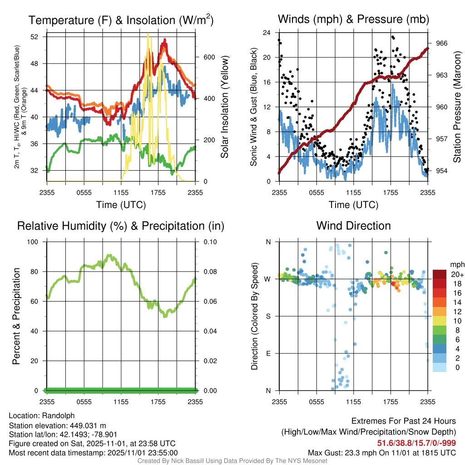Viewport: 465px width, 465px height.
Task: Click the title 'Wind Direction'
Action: click(x=353, y=226)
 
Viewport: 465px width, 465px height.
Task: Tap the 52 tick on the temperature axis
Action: click(x=40, y=37)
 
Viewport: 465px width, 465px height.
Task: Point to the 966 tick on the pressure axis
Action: click(x=442, y=43)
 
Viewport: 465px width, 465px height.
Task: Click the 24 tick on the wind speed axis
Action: click(x=267, y=33)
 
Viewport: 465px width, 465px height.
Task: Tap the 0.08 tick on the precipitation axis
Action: click(x=210, y=272)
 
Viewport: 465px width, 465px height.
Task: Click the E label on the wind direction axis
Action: click(x=268, y=353)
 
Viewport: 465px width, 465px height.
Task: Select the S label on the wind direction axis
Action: click(x=268, y=316)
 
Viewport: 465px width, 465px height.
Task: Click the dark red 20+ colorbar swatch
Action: click(x=440, y=274)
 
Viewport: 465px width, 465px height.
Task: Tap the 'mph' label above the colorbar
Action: click(x=456, y=264)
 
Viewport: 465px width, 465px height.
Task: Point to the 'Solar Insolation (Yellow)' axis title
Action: click(x=224, y=107)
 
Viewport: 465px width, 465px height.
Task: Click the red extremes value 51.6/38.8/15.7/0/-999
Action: click(x=416, y=443)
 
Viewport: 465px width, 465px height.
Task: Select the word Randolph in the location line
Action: click(x=58, y=416)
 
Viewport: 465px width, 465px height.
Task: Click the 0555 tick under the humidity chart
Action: click(x=84, y=402)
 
